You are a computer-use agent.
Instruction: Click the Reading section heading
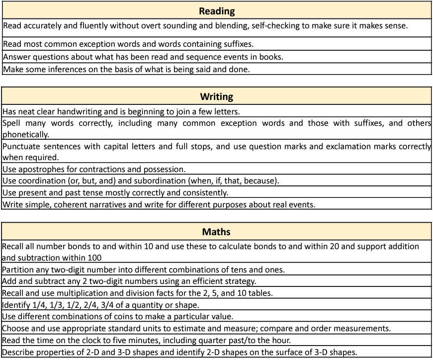pyautogui.click(x=216, y=11)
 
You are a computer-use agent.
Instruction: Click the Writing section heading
pyautogui.click(x=216, y=96)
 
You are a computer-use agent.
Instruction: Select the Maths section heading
pyautogui.click(x=216, y=232)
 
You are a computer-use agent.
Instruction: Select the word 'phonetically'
pyautogui.click(x=26, y=134)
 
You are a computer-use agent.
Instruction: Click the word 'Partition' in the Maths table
pyautogui.click(x=19, y=270)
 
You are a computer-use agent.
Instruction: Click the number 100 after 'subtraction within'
pyautogui.click(x=93, y=258)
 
